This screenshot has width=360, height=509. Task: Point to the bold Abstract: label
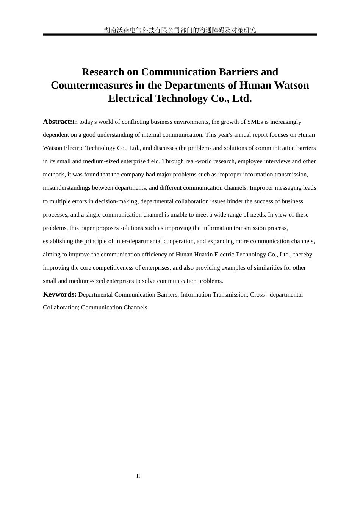tap(57, 122)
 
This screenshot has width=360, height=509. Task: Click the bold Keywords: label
tap(59, 294)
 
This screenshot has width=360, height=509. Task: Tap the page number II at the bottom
tap(138, 476)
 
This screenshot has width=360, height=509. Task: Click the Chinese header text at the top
tap(180, 30)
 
